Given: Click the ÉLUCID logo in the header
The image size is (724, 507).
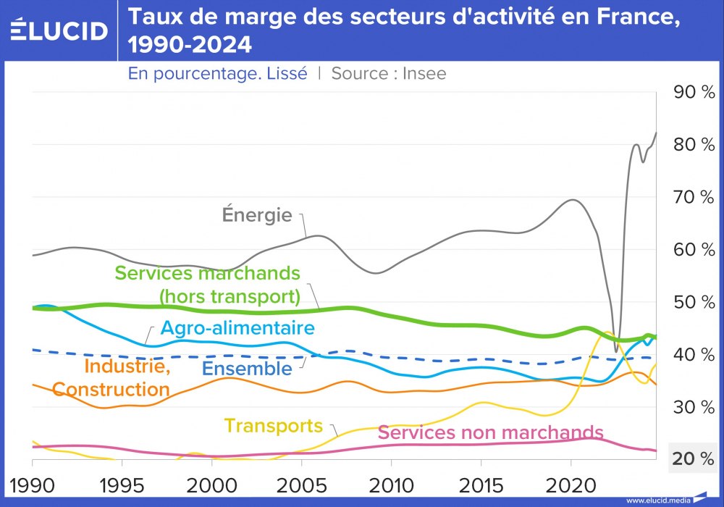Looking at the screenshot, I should click(x=59, y=30).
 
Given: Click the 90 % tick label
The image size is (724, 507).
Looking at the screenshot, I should click(x=694, y=92).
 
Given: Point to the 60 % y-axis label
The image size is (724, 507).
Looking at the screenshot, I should click(x=694, y=250).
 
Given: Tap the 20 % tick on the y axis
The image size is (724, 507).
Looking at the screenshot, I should click(x=694, y=458).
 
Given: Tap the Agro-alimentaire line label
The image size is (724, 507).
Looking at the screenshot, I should click(x=237, y=328).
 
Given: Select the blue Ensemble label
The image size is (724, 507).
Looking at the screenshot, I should click(x=247, y=368).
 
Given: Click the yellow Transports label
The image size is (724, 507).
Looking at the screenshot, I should click(x=273, y=425).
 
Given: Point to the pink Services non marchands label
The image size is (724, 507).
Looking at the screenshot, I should click(x=490, y=432).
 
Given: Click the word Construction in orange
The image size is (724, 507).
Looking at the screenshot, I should click(x=111, y=390).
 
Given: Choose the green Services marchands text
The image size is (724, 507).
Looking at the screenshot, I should click(x=207, y=274).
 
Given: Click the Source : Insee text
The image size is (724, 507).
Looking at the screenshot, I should click(x=389, y=73).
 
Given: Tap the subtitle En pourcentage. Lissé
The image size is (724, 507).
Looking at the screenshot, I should click(x=217, y=73).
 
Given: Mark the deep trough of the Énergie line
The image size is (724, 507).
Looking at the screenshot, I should click(x=616, y=351).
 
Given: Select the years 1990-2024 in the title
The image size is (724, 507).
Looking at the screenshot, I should click(x=190, y=46).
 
